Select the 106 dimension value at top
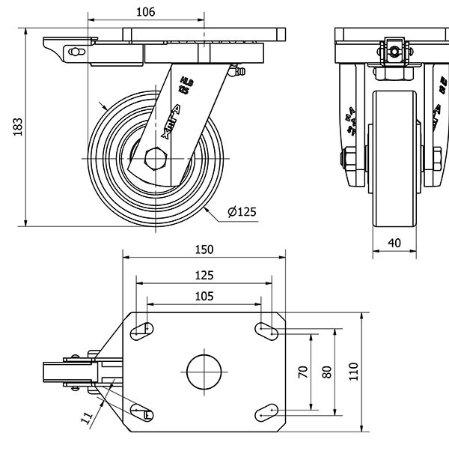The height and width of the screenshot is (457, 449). tap(146, 11)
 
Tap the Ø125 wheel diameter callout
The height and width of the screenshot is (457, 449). tap(241, 212)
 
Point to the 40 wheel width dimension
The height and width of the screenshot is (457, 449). tap(395, 243)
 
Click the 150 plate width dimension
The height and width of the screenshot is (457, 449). tap(204, 249)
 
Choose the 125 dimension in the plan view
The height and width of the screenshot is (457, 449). tap(204, 274)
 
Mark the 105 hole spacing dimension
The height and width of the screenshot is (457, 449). tap(204, 296)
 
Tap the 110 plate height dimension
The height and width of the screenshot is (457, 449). tap(353, 371)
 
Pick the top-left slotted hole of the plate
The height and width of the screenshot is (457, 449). tap(142, 330)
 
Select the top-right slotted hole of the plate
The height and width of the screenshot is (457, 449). tap(267, 329)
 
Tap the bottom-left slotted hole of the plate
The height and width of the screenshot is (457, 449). tap(141, 411)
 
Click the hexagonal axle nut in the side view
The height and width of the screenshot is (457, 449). tap(156, 160)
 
